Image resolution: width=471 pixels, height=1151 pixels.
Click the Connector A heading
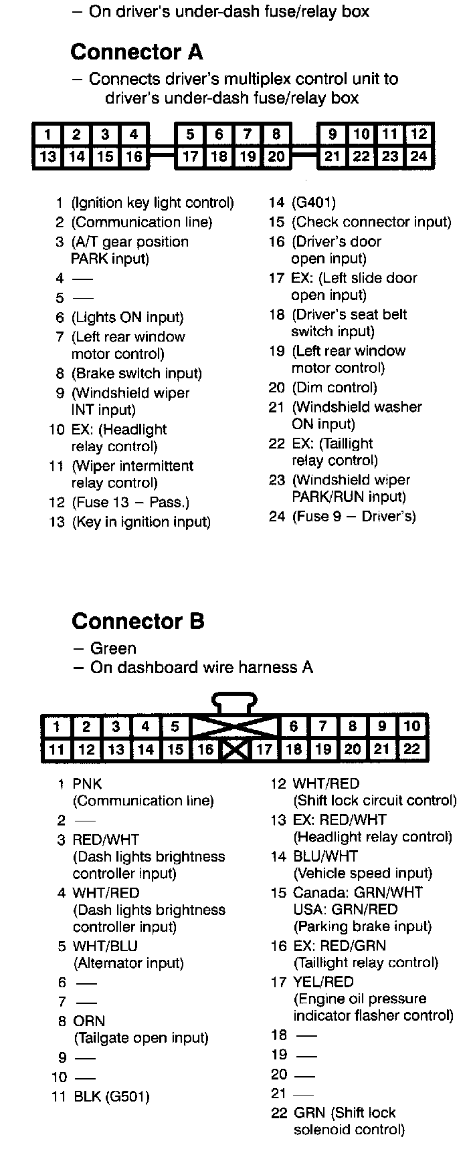point(136,52)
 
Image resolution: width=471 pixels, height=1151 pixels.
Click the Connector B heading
point(138,621)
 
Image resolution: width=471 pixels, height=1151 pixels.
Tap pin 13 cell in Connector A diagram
point(48,156)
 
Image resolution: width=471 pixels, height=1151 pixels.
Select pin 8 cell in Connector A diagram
point(276,134)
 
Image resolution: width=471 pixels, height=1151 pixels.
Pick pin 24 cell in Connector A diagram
point(419,156)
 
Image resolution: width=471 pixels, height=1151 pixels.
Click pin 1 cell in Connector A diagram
point(48,134)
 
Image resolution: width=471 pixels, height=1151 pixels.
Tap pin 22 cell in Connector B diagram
point(411,749)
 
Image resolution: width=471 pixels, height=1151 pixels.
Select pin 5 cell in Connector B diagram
point(175,727)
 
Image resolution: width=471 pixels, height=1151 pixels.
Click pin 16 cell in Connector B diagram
point(205,749)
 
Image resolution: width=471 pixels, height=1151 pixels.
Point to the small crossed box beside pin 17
point(235,749)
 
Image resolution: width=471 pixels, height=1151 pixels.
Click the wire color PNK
point(87,783)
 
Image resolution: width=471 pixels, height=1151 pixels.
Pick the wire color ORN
point(89,1021)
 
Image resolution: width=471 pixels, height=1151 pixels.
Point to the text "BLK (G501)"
point(111,1096)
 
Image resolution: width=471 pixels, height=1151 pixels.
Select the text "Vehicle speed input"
point(363,873)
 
